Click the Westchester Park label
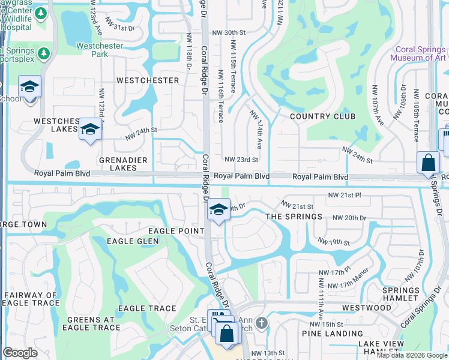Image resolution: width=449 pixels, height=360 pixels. point(100,50)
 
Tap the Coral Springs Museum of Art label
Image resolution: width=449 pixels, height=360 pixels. point(418,54)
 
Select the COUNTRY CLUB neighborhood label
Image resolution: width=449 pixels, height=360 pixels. point(322,116)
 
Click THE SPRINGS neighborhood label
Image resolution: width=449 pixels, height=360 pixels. point(294,216)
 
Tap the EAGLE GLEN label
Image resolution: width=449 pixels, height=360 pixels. point(133,241)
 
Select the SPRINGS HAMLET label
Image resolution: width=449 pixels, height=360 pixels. point(400,294)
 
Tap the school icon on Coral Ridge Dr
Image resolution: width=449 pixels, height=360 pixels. point(219,210)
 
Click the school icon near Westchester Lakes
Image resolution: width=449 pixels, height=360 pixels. point(90,130)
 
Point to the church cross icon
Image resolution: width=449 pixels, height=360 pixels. point(260,324)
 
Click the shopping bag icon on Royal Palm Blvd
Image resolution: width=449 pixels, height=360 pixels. point(429,163)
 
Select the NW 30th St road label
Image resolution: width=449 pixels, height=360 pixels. point(229,32)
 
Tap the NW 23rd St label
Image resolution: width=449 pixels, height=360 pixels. point(241,160)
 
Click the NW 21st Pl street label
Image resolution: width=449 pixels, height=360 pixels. point(345,196)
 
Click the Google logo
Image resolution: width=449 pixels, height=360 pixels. point(20,352)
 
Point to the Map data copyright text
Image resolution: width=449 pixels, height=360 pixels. point(411,355)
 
